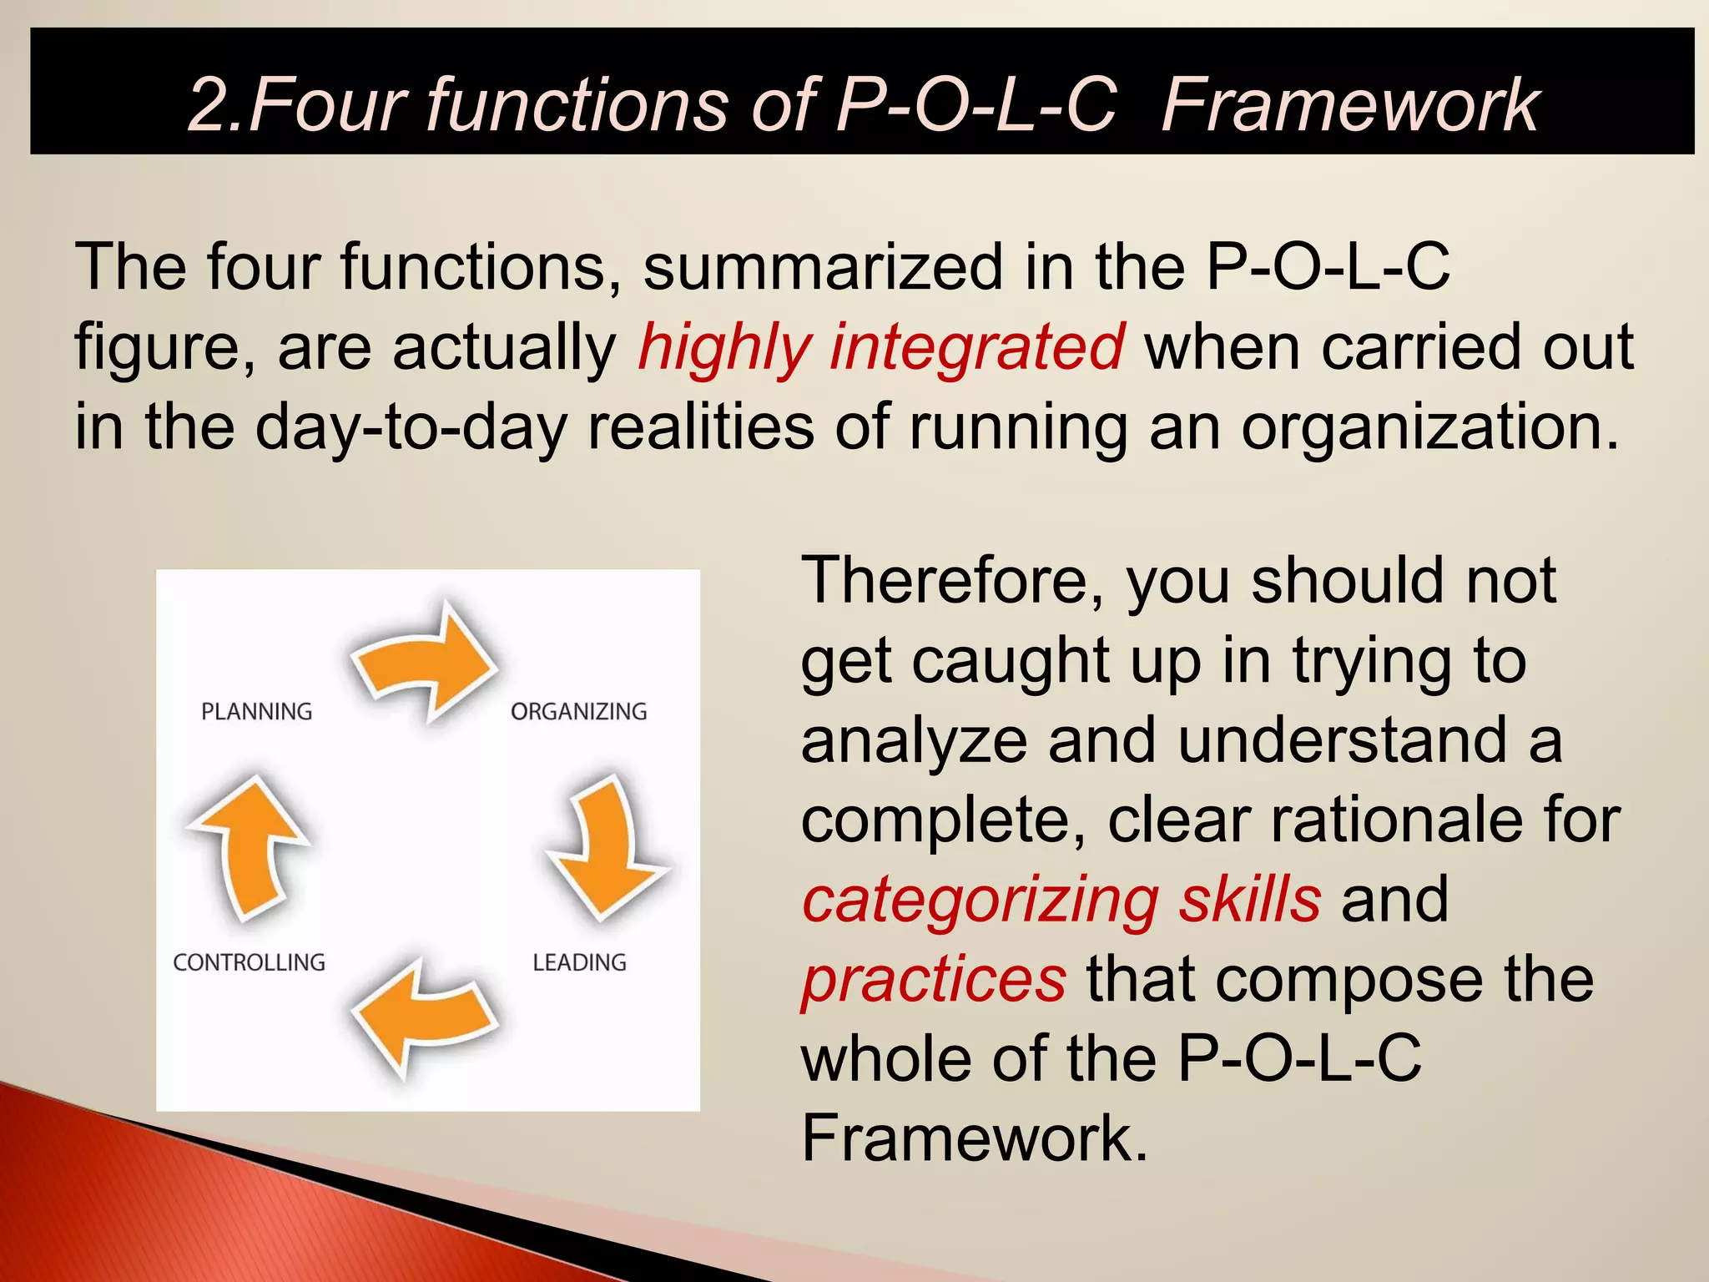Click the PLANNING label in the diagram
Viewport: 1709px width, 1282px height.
coord(256,711)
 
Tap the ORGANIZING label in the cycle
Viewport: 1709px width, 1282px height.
coord(578,711)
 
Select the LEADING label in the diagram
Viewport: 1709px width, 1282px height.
coord(579,962)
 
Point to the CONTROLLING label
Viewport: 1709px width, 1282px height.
coord(249,962)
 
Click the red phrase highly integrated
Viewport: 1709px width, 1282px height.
coord(881,348)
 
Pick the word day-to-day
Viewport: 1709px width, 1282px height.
coord(410,428)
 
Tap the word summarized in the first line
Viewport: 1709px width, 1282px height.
coord(823,267)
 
